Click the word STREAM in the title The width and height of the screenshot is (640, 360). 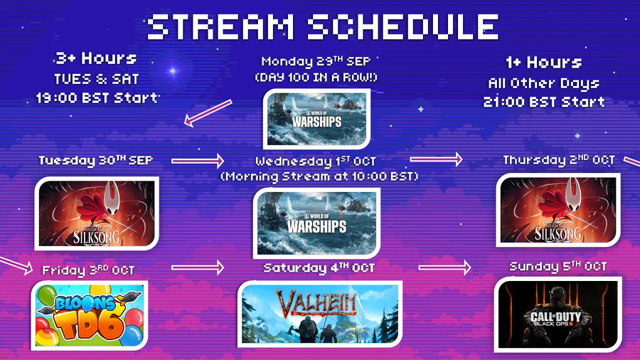point(220,27)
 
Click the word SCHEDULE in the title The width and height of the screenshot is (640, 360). point(403,27)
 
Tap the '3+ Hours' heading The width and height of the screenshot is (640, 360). point(96,58)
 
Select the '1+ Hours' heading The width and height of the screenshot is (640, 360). point(544,63)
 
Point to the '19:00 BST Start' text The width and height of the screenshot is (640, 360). point(97,98)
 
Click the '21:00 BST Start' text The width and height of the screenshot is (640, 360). point(544,102)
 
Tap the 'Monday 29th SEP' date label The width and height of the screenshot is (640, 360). point(316,61)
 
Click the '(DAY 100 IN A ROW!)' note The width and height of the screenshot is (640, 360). point(316,77)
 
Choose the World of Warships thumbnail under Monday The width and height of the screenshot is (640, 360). point(316,119)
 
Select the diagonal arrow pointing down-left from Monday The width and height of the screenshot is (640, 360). point(208,113)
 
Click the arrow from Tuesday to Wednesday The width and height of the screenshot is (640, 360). point(198,161)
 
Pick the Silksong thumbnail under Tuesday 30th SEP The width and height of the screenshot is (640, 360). point(97,213)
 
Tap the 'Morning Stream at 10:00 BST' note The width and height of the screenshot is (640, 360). point(319,176)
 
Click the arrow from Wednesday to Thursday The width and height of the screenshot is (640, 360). point(436,159)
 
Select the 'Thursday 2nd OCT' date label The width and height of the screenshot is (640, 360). point(559,160)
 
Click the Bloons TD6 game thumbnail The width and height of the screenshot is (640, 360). point(90,315)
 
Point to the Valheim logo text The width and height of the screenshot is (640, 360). point(316,303)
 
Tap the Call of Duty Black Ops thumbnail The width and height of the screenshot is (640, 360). point(558,314)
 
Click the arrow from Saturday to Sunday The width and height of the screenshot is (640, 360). point(444,268)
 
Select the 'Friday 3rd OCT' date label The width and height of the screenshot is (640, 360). point(88,270)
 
